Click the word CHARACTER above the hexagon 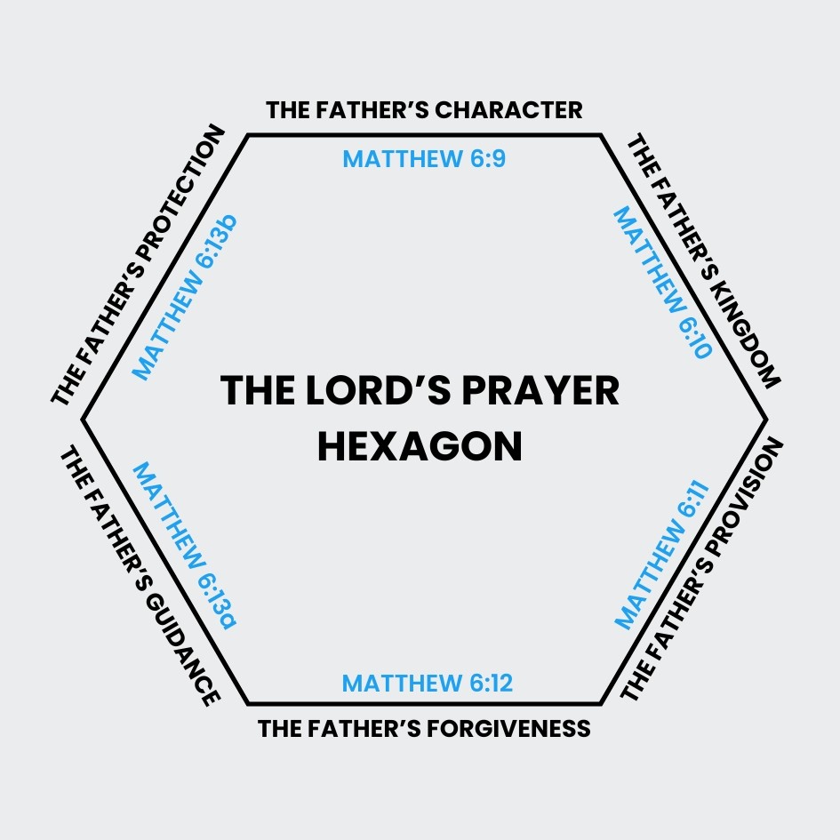click(508, 110)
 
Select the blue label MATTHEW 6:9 click(424, 158)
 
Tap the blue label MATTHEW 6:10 click(663, 283)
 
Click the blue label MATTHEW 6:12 click(428, 683)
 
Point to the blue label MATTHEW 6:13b click(185, 297)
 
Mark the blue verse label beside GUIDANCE click(185, 546)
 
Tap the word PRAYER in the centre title click(540, 390)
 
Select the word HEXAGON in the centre click(420, 447)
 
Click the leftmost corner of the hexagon click(83, 420)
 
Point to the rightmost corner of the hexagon click(766, 420)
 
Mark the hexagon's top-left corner click(248, 135)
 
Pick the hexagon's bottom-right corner click(601, 703)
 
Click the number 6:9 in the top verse click(487, 158)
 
